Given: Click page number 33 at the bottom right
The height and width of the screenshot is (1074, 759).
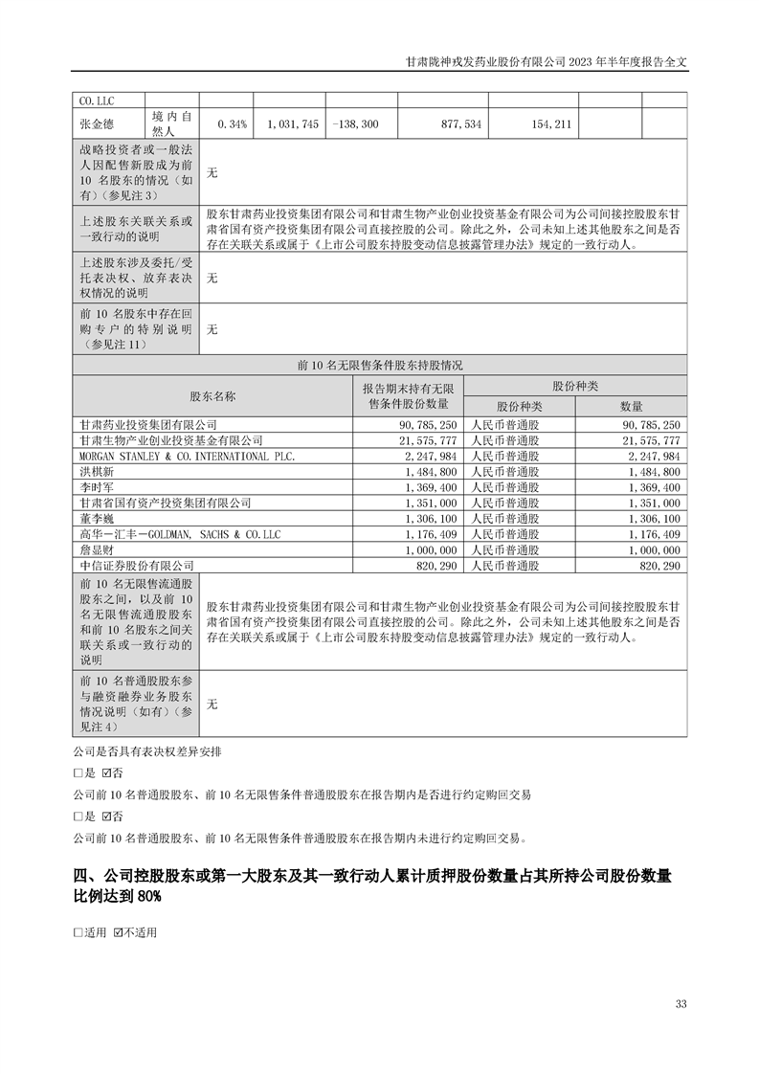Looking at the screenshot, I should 681,1003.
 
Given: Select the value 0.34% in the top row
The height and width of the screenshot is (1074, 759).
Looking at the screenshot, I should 233,123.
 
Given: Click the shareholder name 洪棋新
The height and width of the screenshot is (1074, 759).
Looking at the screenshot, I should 97,472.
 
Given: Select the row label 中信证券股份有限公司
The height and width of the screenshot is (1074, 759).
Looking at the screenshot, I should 137,566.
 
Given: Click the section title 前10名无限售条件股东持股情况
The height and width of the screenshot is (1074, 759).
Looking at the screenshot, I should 380,365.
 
